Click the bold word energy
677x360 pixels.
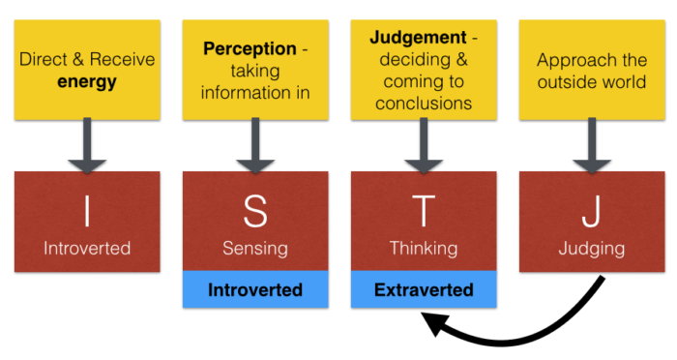coord(87,82)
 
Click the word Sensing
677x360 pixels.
coord(255,248)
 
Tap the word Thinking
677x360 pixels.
coord(424,248)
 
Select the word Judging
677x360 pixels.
coord(591,248)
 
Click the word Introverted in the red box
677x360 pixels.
coord(87,248)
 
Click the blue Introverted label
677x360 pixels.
coord(255,289)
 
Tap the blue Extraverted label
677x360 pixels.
coord(424,289)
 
